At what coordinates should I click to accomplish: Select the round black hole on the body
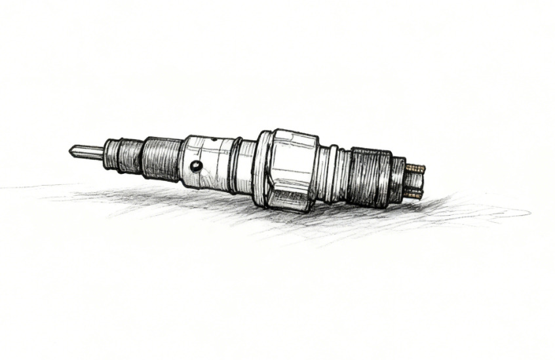click(x=195, y=166)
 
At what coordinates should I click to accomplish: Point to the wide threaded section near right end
click(x=370, y=177)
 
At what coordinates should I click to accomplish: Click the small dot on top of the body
click(x=212, y=140)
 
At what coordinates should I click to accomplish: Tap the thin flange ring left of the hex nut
click(x=260, y=168)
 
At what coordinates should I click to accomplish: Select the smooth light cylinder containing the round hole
click(x=206, y=162)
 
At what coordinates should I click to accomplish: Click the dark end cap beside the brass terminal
click(x=398, y=178)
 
